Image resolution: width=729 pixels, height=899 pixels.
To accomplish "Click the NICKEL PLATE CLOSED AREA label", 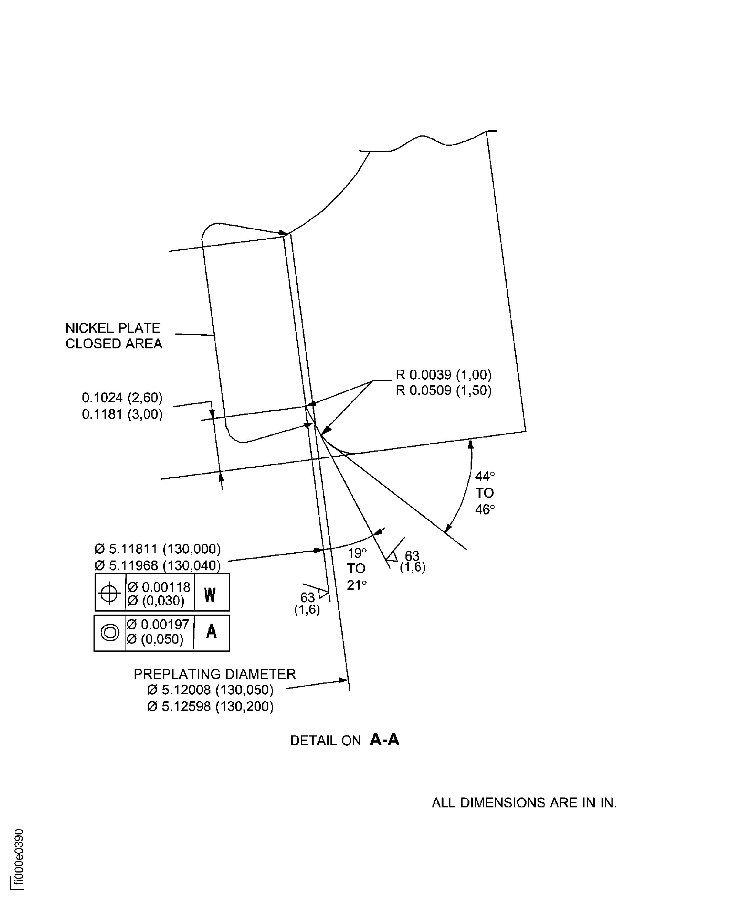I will click(x=113, y=336).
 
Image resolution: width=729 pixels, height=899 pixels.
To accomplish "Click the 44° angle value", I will click(x=485, y=477).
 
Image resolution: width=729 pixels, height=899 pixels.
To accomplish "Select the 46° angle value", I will click(x=485, y=510).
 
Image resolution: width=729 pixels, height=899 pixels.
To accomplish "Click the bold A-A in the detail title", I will click(x=384, y=740).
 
